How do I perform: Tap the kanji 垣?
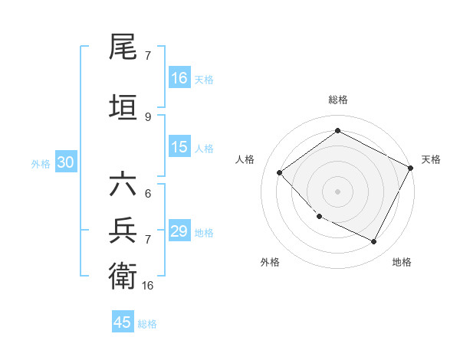click(x=124, y=106)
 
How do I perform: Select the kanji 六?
click(x=124, y=186)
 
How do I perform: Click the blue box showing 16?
click(x=179, y=78)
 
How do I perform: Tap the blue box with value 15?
click(x=179, y=148)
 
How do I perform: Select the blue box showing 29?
click(x=179, y=231)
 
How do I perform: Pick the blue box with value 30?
click(x=65, y=162)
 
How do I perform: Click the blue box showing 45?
click(x=123, y=322)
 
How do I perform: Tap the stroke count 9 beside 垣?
click(x=148, y=116)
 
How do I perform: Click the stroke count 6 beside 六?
click(x=148, y=194)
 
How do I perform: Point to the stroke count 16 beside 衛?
click(x=148, y=285)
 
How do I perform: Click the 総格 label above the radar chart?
click(x=338, y=100)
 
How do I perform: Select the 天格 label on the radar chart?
click(x=431, y=159)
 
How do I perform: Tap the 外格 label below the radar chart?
click(x=270, y=262)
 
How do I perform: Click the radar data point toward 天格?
click(x=411, y=169)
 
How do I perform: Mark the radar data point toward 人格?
click(x=280, y=172)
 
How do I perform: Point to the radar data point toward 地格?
click(x=374, y=242)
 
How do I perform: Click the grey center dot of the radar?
click(x=338, y=191)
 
